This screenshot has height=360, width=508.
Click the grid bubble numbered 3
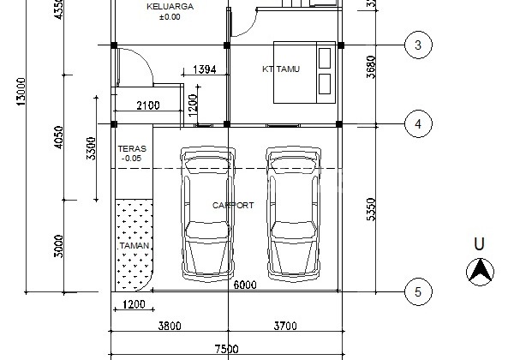point(417,45)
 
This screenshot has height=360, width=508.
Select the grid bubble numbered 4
point(417,124)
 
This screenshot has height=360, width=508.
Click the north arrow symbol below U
point(480,272)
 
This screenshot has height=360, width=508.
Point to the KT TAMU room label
point(280,69)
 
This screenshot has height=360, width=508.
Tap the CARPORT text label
point(233,206)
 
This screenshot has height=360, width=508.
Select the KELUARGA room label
point(170,7)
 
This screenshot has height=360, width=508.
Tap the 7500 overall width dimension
point(226,350)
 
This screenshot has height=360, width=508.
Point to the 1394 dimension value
point(205,69)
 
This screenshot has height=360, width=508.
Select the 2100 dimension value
point(148,105)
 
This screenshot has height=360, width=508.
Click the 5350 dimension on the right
point(371,207)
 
